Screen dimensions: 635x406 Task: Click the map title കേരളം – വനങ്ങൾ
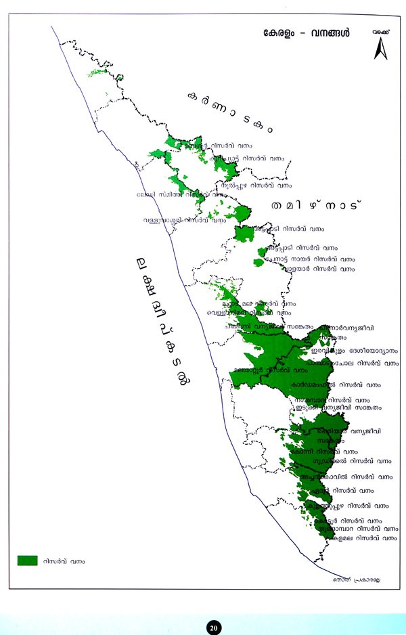point(307,34)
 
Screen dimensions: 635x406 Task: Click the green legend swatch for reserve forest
point(27,560)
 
